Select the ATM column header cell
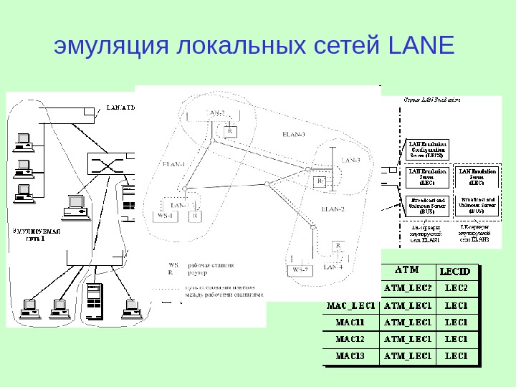pos(406,270)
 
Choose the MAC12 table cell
pos(350,338)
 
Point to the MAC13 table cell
pos(350,355)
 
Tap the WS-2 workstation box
pos(300,269)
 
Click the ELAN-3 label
pos(294,134)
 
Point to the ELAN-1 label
pos(174,164)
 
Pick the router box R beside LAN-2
pos(230,132)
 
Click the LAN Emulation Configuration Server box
pos(426,148)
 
